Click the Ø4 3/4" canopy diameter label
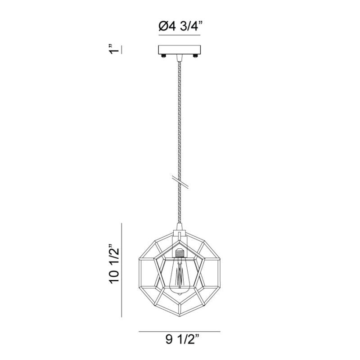tap(181, 26)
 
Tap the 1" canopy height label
tap(114, 49)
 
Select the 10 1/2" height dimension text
tap(114, 265)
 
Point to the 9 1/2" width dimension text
tap(182, 340)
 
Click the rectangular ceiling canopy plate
tap(180, 50)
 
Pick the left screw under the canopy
tap(164, 56)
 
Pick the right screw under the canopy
tap(195, 56)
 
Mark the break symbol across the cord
tap(180, 182)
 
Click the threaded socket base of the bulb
tap(180, 253)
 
